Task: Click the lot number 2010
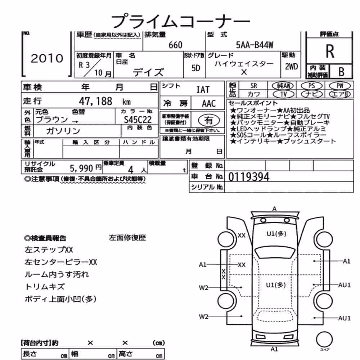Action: click(47, 58)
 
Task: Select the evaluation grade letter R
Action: click(330, 51)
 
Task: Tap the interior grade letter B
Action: click(341, 72)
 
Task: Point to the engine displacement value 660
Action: click(175, 45)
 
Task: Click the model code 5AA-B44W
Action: click(255, 45)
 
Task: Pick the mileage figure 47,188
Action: click(95, 101)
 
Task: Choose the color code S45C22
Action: click(138, 120)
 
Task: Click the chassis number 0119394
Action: click(249, 177)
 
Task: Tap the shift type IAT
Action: click(203, 90)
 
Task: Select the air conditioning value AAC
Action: click(209, 104)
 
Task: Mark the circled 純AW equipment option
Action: click(283, 86)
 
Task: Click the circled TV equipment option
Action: click(284, 94)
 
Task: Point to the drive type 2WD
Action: click(291, 67)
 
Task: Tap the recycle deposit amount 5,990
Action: click(81, 168)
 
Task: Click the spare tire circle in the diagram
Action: click(324, 339)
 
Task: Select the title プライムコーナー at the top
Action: click(180, 21)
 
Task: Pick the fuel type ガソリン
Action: click(63, 131)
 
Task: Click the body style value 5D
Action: click(195, 68)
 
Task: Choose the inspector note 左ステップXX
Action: click(49, 250)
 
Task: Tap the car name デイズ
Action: click(148, 72)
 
